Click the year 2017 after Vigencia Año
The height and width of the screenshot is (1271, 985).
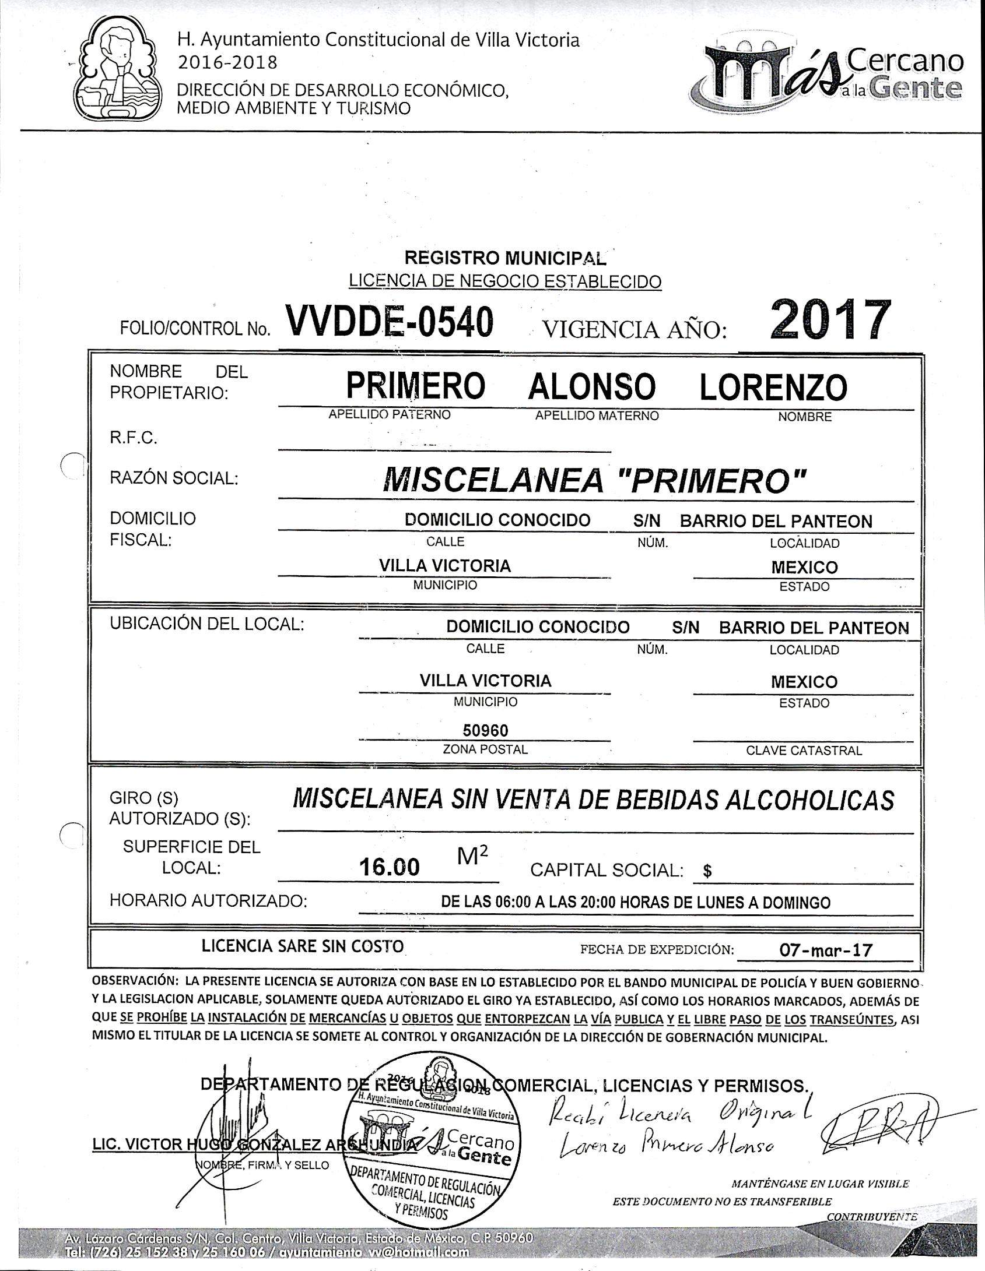point(830,321)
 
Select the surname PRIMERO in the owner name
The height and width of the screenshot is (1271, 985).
point(415,386)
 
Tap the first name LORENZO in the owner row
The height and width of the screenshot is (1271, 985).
point(773,388)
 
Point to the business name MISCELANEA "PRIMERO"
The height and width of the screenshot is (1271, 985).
point(595,480)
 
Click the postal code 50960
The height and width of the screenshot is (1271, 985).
point(485,731)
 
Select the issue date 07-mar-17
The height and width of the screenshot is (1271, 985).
point(826,950)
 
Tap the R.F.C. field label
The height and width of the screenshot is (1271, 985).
point(134,438)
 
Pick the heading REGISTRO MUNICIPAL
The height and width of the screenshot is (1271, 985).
point(505,258)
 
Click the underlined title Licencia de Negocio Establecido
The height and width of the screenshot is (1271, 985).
point(505,281)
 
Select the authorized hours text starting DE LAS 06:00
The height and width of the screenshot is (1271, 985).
point(636,903)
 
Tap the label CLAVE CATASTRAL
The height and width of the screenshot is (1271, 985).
point(804,751)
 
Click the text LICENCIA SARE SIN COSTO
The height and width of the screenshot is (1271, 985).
point(303,946)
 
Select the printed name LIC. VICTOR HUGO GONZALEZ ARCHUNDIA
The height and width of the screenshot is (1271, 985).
point(255,1145)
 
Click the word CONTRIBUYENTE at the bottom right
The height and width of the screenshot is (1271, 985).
point(871,1216)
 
